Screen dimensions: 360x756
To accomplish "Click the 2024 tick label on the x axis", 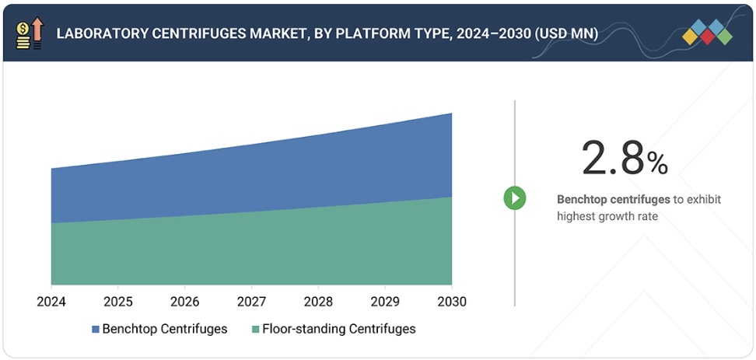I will click(51, 301).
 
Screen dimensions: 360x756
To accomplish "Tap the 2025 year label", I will click(118, 301).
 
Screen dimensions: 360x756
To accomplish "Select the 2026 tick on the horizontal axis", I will click(185, 301).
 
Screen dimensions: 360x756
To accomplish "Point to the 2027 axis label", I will click(252, 301).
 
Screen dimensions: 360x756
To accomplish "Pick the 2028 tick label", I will click(319, 301).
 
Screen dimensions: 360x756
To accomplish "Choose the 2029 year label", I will click(386, 301).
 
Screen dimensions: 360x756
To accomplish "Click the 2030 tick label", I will click(452, 301).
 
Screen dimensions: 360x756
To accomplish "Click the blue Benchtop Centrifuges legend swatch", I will click(96, 329).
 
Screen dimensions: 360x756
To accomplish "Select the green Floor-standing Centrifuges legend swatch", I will click(254, 329).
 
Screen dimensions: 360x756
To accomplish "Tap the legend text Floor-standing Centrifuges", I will click(338, 329).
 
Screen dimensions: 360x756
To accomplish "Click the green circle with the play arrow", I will click(514, 197).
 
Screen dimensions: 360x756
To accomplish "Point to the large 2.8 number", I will click(613, 159).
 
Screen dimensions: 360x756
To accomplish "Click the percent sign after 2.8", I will click(657, 163).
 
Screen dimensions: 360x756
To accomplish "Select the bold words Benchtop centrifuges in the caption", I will click(614, 200).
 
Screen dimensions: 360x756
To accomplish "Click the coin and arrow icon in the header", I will click(30, 33).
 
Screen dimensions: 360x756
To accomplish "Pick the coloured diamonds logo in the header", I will click(708, 32).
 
